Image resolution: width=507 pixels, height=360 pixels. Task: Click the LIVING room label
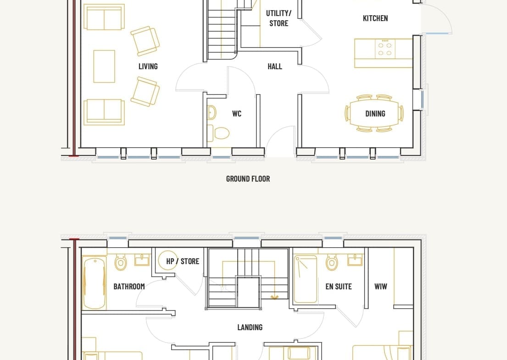[x=148, y=66]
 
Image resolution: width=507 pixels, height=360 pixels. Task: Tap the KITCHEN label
[x=375, y=18]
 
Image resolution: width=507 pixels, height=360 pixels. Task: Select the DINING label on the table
[x=375, y=113]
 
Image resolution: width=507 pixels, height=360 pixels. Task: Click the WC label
[x=237, y=113]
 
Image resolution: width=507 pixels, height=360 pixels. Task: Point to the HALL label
[x=275, y=66]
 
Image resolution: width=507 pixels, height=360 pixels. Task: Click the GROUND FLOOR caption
[x=248, y=179]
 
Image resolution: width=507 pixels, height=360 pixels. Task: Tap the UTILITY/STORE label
[x=279, y=18]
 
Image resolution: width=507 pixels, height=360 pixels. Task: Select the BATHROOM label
[x=129, y=286]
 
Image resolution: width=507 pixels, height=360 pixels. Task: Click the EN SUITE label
[x=339, y=286]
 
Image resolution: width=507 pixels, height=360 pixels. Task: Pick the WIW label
[x=380, y=286]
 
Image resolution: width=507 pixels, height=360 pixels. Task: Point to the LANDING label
[x=250, y=327]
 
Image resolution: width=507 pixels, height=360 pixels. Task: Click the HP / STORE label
[x=183, y=261]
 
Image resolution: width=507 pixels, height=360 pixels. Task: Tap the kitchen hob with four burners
[x=385, y=49]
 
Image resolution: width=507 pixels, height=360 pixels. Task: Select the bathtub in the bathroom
[x=94, y=283]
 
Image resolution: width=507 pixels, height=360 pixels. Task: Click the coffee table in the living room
[x=104, y=66]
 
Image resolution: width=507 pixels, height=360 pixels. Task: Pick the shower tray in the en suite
[x=306, y=279]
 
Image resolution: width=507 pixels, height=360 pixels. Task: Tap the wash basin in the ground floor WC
[x=212, y=113]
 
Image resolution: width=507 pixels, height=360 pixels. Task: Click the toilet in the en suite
[x=332, y=262]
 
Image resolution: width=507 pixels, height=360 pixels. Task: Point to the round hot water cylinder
[x=167, y=260]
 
